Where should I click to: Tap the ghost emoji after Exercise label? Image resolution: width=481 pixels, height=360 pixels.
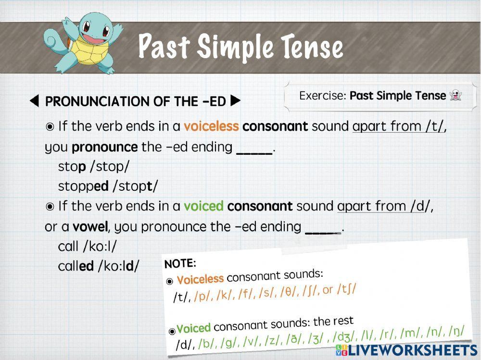pyautogui.click(x=455, y=95)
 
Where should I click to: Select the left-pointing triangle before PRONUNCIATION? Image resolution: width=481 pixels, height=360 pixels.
pyautogui.click(x=34, y=101)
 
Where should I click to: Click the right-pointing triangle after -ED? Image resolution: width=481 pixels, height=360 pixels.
pyautogui.click(x=235, y=101)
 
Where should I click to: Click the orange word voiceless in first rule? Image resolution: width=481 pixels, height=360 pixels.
pyautogui.click(x=211, y=126)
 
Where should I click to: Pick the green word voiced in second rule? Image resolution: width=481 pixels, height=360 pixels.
pyautogui.click(x=203, y=206)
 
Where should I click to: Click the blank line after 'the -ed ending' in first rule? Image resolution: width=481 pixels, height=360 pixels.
pyautogui.click(x=254, y=149)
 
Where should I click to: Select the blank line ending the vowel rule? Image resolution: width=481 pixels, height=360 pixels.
pyautogui.click(x=323, y=228)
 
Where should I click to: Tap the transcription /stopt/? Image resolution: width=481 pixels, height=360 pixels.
pyautogui.click(x=135, y=186)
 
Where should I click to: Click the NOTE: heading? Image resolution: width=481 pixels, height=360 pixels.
pyautogui.click(x=180, y=263)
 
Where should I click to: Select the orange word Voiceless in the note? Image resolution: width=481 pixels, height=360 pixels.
pyautogui.click(x=200, y=279)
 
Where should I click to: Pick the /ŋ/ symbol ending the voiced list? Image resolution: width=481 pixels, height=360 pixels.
pyautogui.click(x=456, y=331)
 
